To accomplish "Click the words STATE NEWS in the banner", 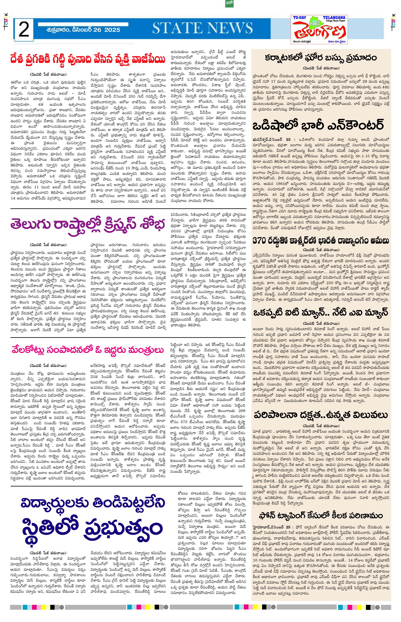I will click(x=202, y=28).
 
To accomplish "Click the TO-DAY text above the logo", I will click(x=299, y=18).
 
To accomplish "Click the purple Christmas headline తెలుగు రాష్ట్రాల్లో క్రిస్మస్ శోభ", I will click(x=88, y=225).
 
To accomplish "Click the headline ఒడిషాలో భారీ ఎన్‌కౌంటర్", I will click(x=318, y=125).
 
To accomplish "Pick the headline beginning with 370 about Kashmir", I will click(x=321, y=241).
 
